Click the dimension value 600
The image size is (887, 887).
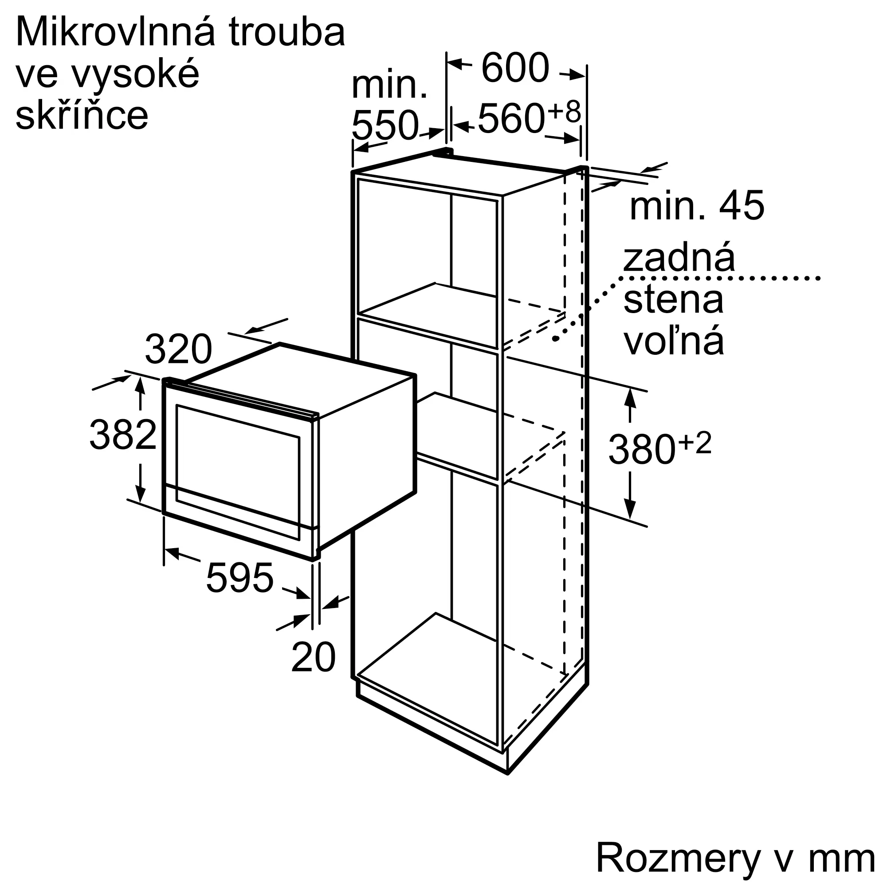515,67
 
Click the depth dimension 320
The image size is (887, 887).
179,349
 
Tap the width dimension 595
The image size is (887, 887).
239,577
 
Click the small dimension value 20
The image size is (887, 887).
314,657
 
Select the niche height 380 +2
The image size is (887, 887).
660,448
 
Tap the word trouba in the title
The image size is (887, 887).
287,32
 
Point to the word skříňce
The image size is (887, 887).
82,115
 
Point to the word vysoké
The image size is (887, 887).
136,74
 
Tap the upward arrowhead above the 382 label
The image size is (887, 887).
140,385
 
